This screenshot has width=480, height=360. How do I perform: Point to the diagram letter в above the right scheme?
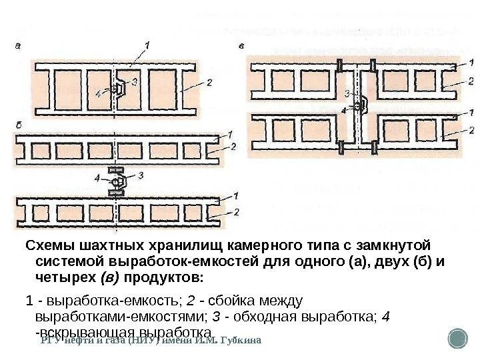[x=241, y=47]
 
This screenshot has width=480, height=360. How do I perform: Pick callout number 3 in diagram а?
[x=135, y=82]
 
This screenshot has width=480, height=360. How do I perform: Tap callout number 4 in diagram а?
[x=100, y=94]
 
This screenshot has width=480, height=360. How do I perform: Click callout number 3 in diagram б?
[x=141, y=174]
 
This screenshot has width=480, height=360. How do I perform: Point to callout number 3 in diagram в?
[x=347, y=93]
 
